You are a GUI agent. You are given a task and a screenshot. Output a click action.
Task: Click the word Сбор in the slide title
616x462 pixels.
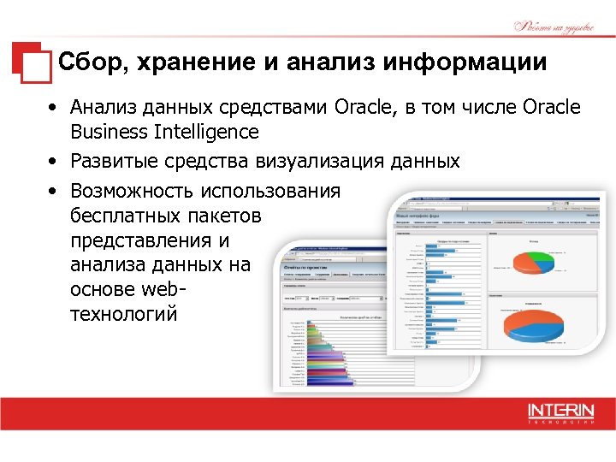pos(92,62)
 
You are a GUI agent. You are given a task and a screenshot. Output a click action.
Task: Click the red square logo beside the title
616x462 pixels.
pos(31,62)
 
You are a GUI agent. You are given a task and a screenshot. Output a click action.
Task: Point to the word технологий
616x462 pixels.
pos(124,314)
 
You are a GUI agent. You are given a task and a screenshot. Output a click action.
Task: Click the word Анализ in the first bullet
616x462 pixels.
pos(99,107)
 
